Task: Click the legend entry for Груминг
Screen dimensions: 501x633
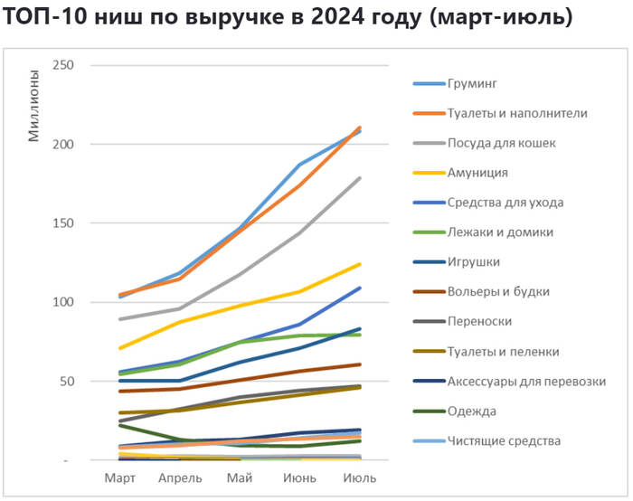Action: click(x=472, y=84)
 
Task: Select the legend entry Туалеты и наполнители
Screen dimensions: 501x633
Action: click(x=517, y=114)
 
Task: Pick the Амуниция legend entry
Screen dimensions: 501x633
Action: click(x=477, y=173)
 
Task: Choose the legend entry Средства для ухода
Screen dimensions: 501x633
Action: click(x=505, y=203)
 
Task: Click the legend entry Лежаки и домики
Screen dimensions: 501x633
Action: click(x=502, y=232)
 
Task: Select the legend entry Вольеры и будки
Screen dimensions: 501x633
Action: click(x=498, y=292)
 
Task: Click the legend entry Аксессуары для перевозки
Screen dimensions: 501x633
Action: click(x=526, y=382)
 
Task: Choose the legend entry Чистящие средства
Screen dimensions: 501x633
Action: click(x=504, y=441)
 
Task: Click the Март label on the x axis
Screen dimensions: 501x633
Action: click(x=121, y=477)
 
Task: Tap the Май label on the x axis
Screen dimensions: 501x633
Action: click(x=241, y=477)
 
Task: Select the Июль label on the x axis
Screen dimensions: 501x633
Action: click(x=360, y=477)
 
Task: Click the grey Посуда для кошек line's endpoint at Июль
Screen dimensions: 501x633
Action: click(x=360, y=178)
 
